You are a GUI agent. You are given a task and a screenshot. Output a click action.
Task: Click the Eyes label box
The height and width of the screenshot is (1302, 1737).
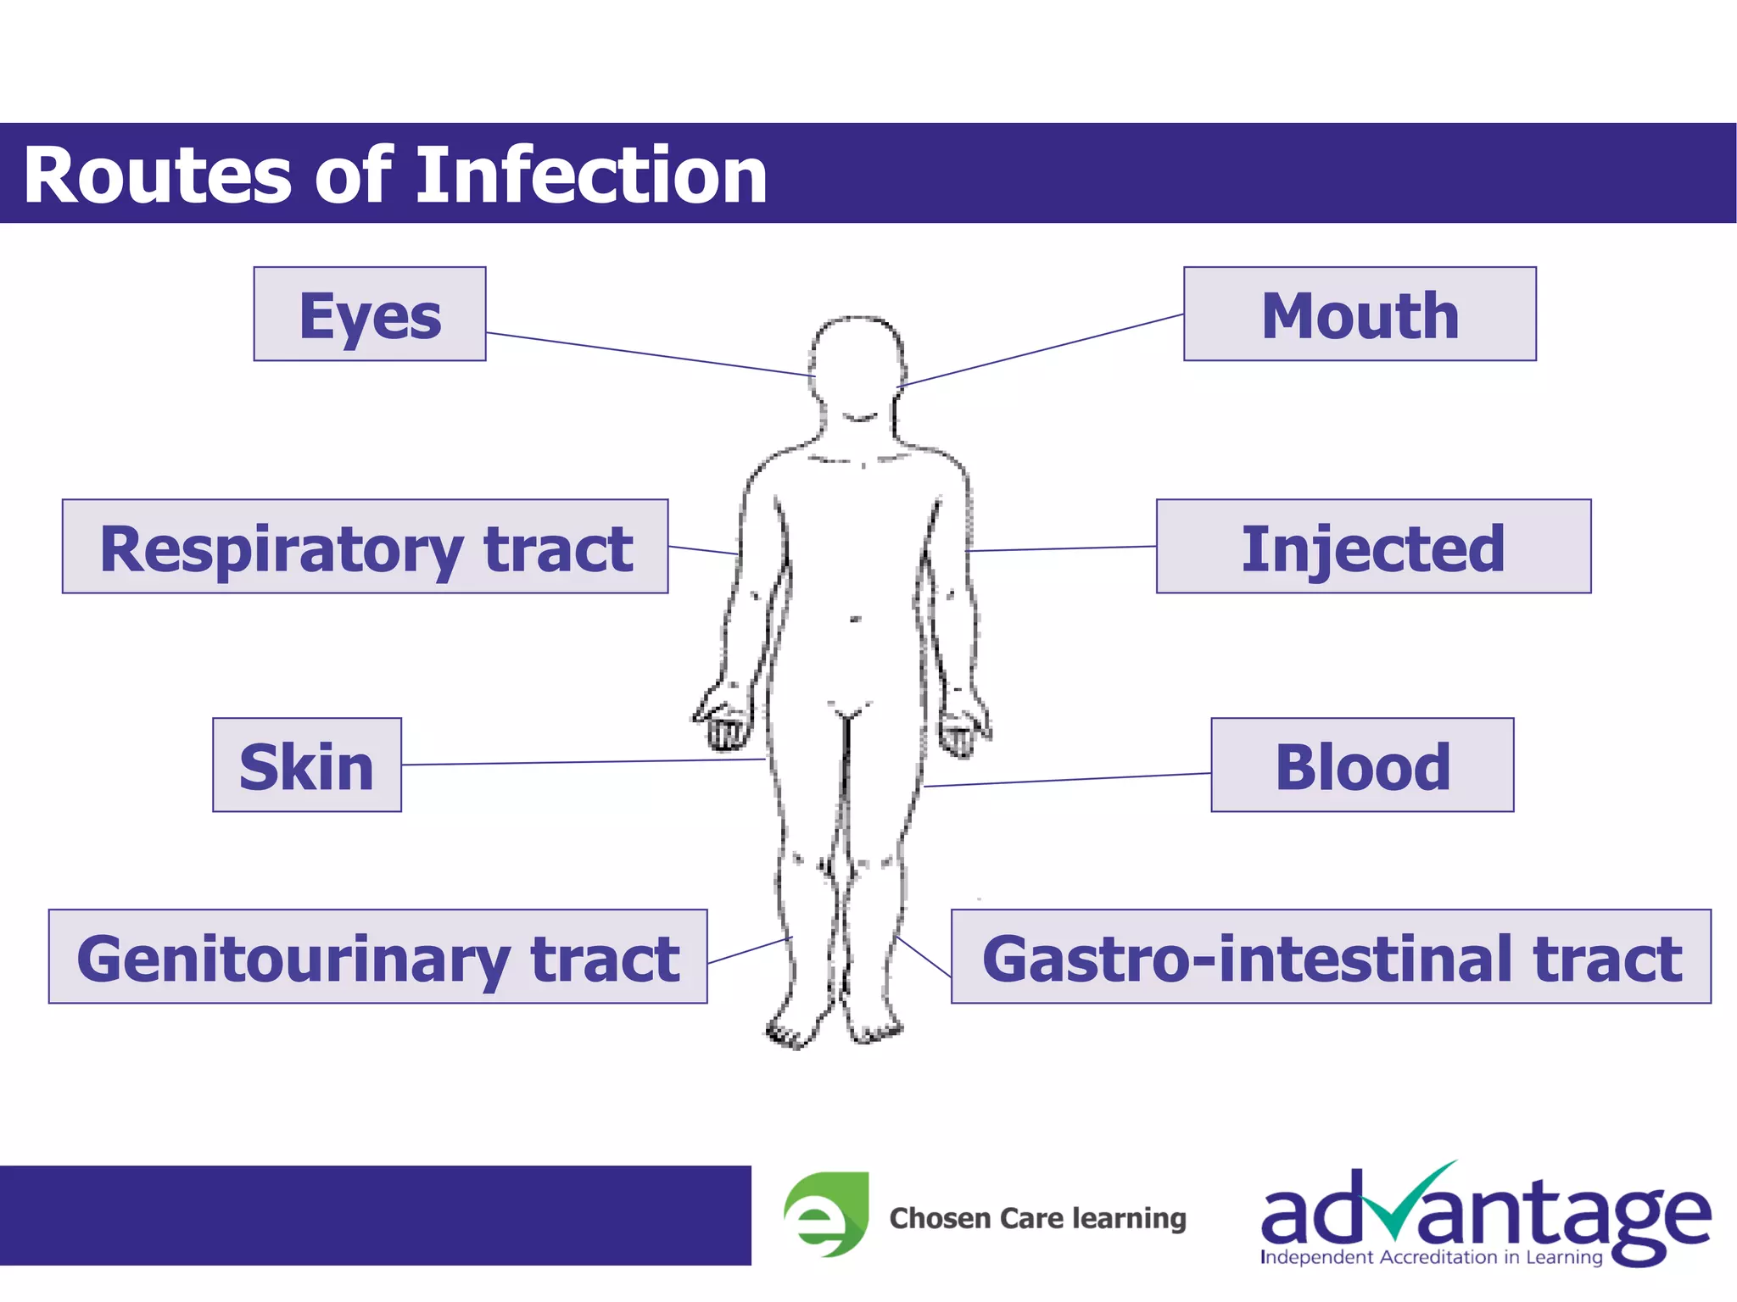click(370, 314)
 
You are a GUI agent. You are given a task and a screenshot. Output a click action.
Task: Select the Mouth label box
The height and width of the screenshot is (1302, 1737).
click(1359, 314)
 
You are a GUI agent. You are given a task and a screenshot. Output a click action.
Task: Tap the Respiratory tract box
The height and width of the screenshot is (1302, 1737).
click(365, 547)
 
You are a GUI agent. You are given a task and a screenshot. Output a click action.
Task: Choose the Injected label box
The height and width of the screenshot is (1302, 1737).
click(1372, 547)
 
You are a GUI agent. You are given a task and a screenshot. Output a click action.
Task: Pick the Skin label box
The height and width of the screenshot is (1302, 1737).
click(306, 765)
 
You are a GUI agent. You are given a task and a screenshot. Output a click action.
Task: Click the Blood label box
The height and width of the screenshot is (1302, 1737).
click(1361, 765)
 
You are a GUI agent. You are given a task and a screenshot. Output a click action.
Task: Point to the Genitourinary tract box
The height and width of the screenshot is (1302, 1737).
click(377, 957)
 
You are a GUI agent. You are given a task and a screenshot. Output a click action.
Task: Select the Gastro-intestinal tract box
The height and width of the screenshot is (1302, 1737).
click(1330, 957)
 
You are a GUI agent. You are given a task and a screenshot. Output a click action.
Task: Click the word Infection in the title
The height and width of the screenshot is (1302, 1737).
click(591, 175)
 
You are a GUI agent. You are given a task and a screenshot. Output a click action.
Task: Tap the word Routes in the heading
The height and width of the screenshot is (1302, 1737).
click(157, 175)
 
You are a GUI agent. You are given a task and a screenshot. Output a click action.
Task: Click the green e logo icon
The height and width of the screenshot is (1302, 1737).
click(826, 1214)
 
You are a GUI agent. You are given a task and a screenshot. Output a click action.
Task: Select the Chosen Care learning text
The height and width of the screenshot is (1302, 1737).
click(1037, 1218)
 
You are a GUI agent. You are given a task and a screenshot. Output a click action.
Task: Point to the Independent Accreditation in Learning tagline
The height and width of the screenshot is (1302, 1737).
click(1431, 1257)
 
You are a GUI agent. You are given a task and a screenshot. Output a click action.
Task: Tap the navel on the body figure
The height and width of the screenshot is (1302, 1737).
click(855, 620)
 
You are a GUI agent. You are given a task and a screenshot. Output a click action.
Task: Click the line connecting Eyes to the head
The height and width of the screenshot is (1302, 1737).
click(649, 354)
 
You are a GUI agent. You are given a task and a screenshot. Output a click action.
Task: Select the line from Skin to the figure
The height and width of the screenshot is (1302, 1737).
click(585, 762)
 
